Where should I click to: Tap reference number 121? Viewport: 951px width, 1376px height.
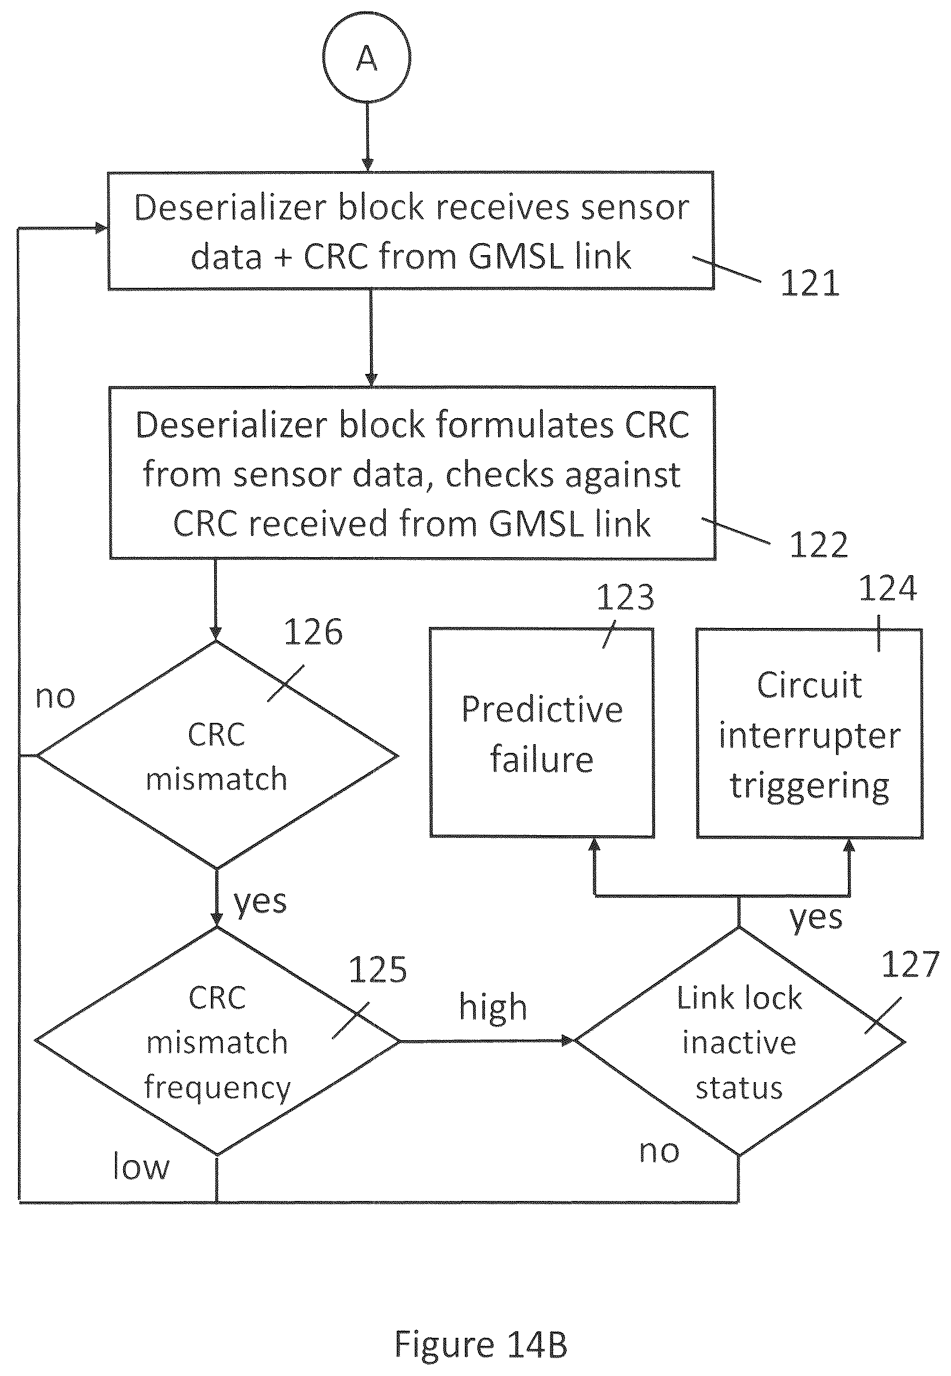(x=810, y=283)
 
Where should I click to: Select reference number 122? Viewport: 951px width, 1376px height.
(x=819, y=545)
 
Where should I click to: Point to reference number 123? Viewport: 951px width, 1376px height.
(x=625, y=597)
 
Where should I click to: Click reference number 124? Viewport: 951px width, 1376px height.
(x=887, y=589)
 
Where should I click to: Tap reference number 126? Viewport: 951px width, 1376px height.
(x=313, y=632)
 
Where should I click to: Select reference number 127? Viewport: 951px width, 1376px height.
(x=911, y=964)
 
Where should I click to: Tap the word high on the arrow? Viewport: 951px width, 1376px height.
(x=493, y=1007)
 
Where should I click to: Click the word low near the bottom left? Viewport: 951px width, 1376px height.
(x=141, y=1166)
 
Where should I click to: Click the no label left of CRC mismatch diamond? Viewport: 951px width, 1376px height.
(x=56, y=697)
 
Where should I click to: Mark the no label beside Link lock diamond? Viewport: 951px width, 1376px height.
(x=659, y=1151)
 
